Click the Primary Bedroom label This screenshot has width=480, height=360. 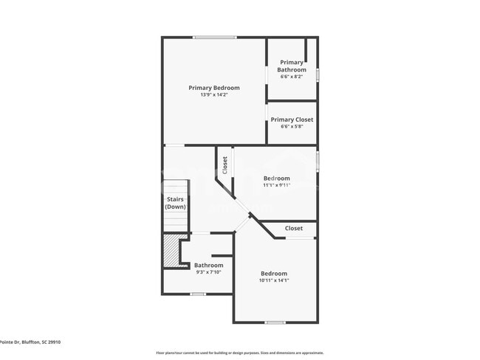[213, 88]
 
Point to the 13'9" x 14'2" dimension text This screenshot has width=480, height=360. [213, 94]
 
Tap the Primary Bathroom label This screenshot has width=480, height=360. [292, 66]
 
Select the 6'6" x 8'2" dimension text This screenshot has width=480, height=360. [292, 77]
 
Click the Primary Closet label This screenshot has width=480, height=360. [292, 120]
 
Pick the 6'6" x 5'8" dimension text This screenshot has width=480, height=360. [292, 126]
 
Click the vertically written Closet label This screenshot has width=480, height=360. [225, 165]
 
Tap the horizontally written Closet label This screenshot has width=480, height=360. [293, 228]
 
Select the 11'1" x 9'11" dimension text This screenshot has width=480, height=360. [277, 185]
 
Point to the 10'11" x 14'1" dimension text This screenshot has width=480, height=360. [274, 280]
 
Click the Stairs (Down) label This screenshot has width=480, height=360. [175, 203]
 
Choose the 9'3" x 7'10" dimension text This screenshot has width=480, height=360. [208, 272]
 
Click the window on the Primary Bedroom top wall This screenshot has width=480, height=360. [215, 37]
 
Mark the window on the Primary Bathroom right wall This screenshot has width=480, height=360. [318, 75]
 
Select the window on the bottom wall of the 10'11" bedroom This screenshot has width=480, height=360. [275, 322]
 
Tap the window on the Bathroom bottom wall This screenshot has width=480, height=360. [197, 294]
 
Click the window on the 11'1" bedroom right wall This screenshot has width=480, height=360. [318, 161]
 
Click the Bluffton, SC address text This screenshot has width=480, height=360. [30, 342]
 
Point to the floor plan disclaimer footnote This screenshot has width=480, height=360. [239, 353]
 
